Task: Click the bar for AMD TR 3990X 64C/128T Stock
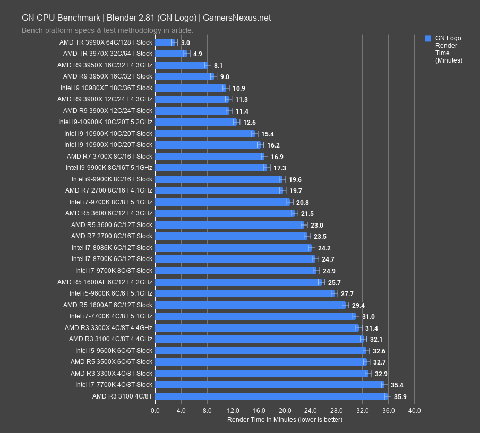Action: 165,42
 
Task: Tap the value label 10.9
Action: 238,88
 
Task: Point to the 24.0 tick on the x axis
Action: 311,410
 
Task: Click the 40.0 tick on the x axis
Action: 415,410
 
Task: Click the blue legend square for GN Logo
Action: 427,38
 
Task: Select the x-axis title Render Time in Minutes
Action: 285,420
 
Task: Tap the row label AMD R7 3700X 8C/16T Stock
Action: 109,157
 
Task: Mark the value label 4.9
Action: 198,54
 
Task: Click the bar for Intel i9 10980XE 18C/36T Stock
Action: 190,88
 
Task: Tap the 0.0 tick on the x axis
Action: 155,410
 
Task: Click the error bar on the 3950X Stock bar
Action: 213,76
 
